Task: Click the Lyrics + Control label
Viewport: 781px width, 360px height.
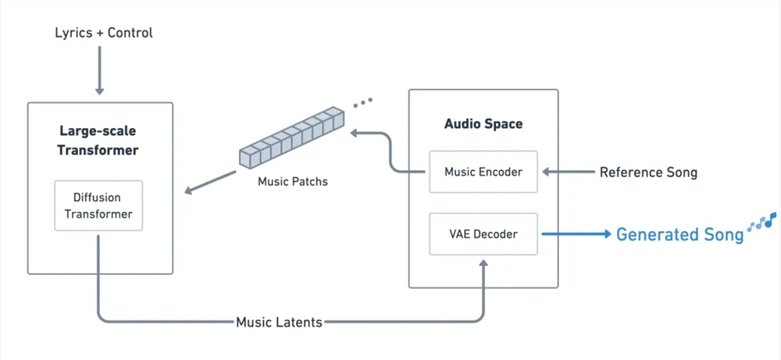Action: [x=104, y=33]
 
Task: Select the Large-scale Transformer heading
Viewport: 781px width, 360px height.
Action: [x=98, y=141]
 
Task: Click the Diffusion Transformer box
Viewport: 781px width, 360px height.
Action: [x=98, y=205]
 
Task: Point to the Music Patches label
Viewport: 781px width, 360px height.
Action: [x=293, y=182]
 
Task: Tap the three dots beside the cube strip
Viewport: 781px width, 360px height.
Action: [x=362, y=102]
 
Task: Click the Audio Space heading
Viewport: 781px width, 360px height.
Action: [x=483, y=123]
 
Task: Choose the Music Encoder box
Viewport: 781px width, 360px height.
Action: [x=483, y=172]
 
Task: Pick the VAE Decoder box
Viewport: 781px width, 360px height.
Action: [x=483, y=233]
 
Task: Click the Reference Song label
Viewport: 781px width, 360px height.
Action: [x=648, y=172]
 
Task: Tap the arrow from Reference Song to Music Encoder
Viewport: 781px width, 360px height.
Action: [x=569, y=172]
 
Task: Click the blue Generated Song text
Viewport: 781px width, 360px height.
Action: [x=679, y=234]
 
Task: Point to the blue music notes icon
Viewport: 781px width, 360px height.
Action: [x=761, y=222]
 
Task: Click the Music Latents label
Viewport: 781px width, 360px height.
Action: [x=279, y=322]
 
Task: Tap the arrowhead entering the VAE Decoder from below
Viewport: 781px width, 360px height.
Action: [x=483, y=266]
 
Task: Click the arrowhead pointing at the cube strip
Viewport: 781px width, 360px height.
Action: [x=355, y=134]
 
